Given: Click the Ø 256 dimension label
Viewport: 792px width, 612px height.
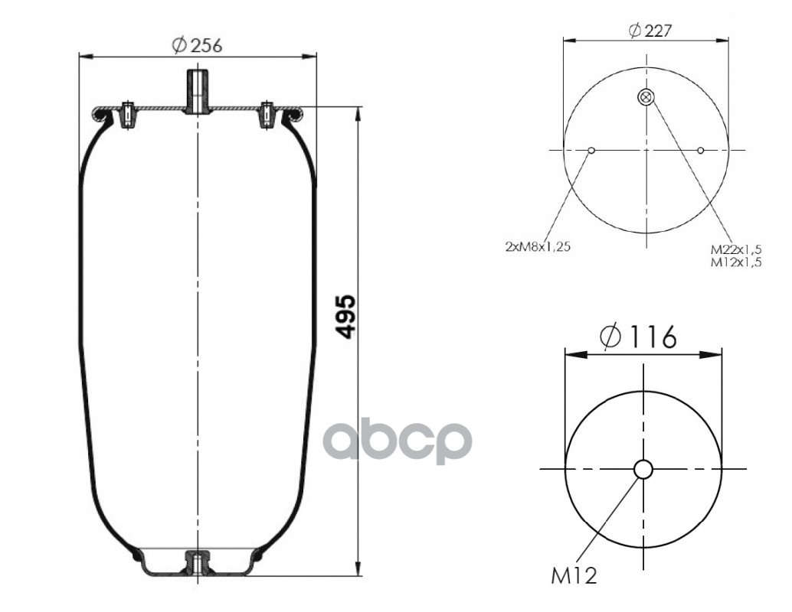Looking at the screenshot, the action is click(x=197, y=45).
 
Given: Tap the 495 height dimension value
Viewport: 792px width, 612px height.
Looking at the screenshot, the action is click(x=346, y=317).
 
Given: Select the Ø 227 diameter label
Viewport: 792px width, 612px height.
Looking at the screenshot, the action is click(x=650, y=31).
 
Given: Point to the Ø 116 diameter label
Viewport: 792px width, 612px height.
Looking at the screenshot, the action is click(x=638, y=337).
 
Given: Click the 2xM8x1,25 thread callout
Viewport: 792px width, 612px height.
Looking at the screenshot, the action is click(x=538, y=247).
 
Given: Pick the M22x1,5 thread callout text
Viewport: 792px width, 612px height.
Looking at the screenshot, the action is click(x=736, y=249).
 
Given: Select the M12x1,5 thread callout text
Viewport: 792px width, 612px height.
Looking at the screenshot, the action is click(x=736, y=262).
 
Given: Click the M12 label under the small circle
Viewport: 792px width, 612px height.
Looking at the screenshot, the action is click(x=574, y=576).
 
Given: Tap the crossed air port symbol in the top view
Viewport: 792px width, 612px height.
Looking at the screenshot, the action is click(x=646, y=97).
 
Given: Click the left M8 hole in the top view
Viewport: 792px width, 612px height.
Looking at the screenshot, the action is click(x=592, y=151).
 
